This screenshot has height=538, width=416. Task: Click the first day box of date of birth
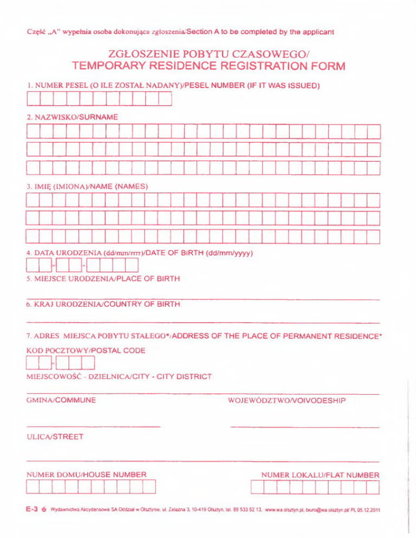click(32, 266)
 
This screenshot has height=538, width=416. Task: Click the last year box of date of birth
click(133, 266)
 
